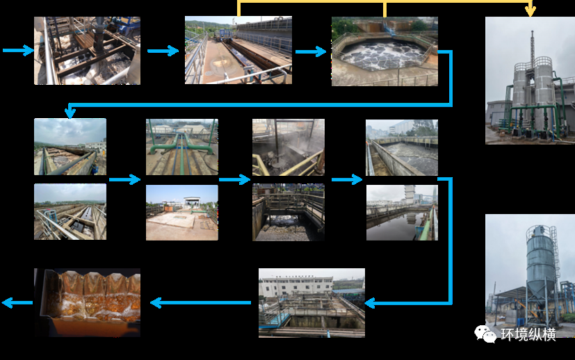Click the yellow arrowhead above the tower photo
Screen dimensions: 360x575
click(531, 10)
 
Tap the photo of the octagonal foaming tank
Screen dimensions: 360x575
click(384, 51)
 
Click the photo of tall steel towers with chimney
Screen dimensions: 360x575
click(530, 81)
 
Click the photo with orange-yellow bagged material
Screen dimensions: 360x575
click(87, 302)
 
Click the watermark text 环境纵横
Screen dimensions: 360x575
click(528, 335)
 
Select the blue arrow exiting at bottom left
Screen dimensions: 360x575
click(17, 302)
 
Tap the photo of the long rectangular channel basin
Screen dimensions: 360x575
click(238, 51)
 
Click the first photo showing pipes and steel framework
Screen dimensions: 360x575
click(87, 51)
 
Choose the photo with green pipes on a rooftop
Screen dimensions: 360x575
click(181, 147)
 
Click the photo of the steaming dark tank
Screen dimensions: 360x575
click(288, 147)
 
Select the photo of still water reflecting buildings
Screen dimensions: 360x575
click(402, 213)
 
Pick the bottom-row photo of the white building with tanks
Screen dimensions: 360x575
click(311, 302)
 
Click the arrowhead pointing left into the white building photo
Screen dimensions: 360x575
click(371, 303)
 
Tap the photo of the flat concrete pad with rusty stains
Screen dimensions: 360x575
click(181, 213)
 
